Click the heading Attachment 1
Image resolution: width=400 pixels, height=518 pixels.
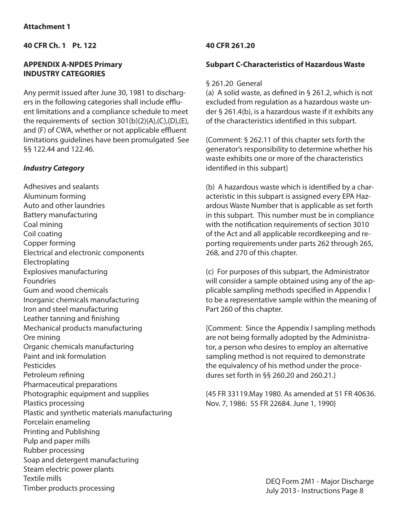[47, 27]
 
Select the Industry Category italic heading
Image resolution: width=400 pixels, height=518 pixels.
[54, 168]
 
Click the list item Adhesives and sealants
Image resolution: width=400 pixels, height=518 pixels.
[61, 187]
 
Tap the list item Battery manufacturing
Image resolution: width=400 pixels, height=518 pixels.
[60, 215]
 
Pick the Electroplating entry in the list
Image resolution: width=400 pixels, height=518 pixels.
[46, 262]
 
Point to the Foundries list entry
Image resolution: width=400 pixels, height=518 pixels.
[40, 281]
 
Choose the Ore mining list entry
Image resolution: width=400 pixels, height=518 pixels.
[42, 337]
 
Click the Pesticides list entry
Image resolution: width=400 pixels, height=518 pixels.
[40, 366]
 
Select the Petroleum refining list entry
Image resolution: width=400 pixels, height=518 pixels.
[54, 375]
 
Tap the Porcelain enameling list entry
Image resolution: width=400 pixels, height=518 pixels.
[57, 422]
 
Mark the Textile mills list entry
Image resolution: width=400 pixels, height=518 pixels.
[43, 478]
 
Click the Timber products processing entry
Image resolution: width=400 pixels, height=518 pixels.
[69, 488]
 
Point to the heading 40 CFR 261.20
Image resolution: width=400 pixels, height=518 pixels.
[230, 46]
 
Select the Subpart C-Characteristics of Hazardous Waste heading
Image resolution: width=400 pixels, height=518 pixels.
[285, 64]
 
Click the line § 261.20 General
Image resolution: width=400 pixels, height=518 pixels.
[234, 83]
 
